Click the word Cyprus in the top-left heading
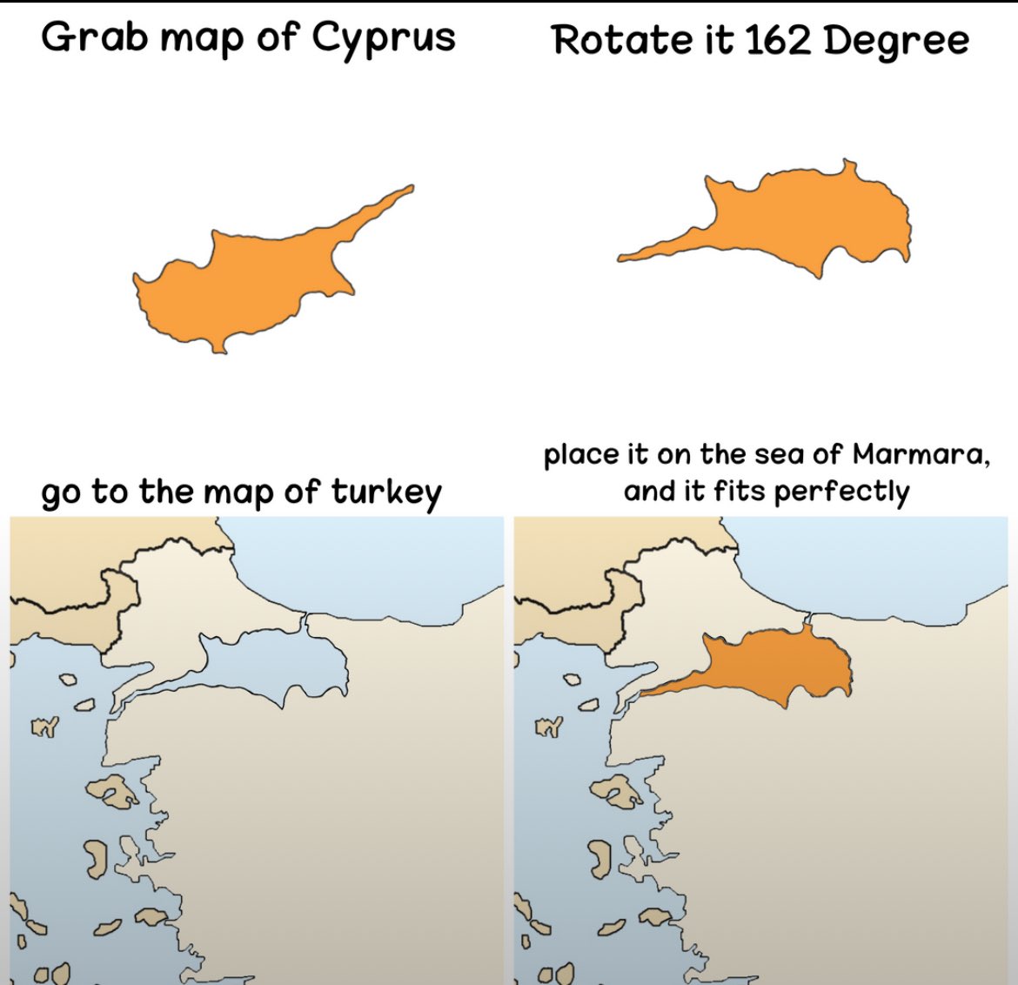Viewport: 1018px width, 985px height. point(384,38)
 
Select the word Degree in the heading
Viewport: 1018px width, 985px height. point(895,42)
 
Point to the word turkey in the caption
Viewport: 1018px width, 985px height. point(385,492)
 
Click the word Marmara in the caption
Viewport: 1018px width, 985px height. point(920,454)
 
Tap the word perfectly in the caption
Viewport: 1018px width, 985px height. point(841,492)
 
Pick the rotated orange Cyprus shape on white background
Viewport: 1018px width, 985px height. point(809,218)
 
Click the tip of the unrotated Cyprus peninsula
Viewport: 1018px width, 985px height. point(411,187)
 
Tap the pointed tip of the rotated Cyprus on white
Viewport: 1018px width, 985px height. point(621,258)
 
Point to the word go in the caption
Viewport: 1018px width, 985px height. point(61,494)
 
